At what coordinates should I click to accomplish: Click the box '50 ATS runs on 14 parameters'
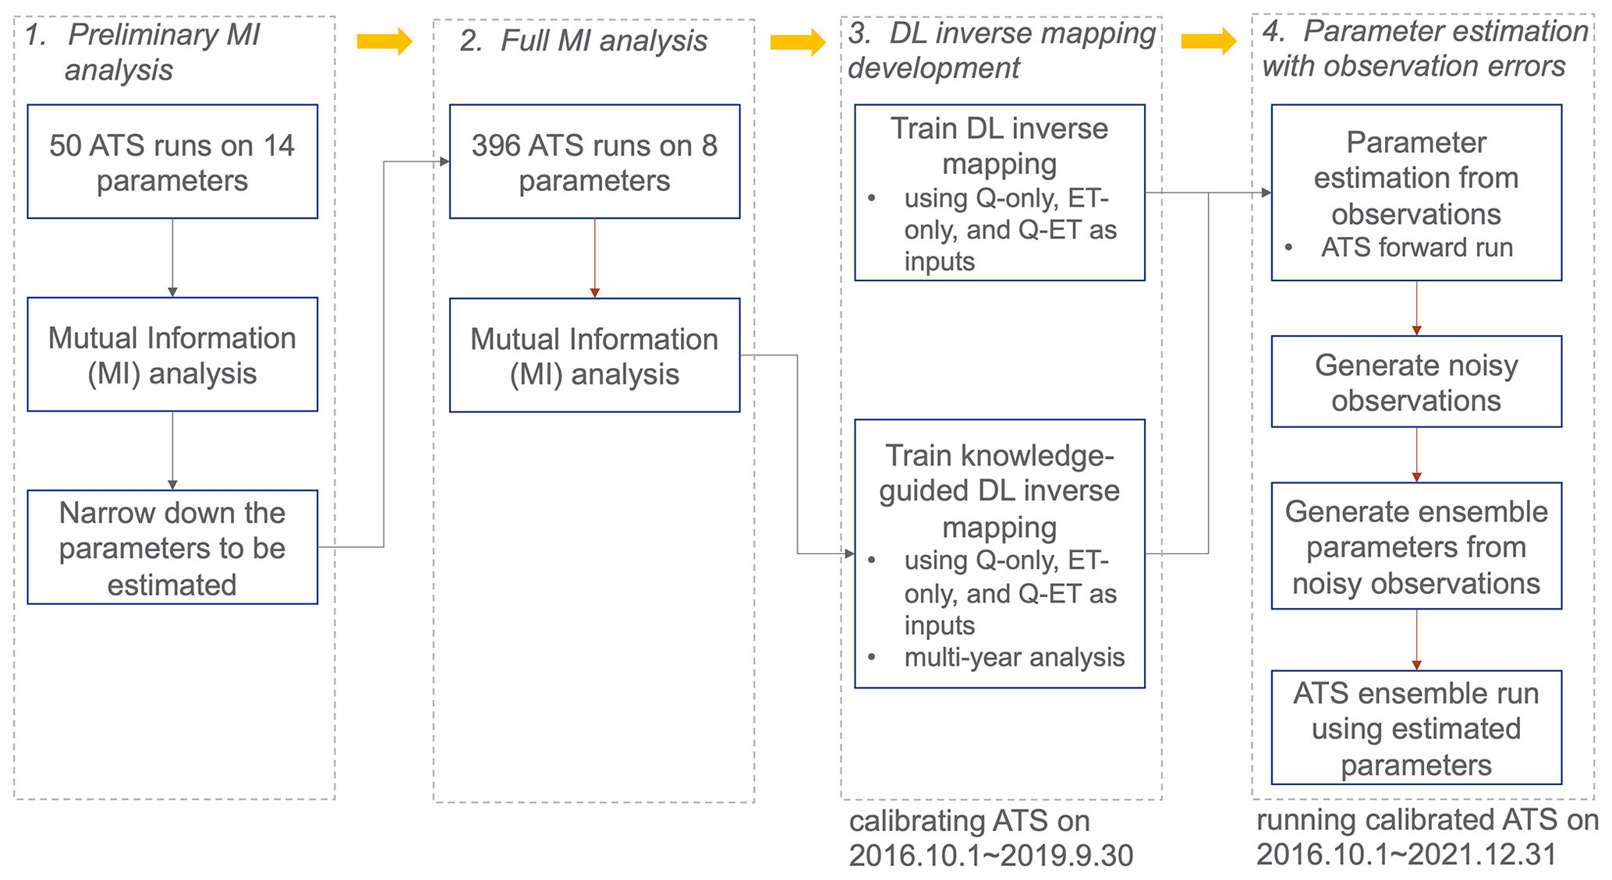coord(172,161)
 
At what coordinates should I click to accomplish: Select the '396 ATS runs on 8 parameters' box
coord(594,161)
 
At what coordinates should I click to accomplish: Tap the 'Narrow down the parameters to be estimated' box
coord(172,547)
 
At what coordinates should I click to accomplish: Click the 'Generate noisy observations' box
coord(1416,382)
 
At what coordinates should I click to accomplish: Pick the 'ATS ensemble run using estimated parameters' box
coord(1416,727)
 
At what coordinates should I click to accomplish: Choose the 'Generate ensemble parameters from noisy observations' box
coord(1416,546)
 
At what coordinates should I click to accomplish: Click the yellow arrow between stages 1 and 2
coord(384,41)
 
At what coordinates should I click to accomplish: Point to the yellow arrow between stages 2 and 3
coord(797,42)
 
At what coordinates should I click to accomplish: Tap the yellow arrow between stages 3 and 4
coord(1209,41)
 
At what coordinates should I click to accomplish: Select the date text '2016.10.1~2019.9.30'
coord(990,856)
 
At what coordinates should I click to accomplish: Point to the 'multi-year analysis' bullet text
coord(1014,658)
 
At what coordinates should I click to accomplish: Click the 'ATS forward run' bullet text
coord(1416,248)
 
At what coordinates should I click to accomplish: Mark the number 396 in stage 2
coord(495,146)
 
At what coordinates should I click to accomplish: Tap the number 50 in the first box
coord(65,146)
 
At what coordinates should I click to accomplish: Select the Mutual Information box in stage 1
coord(172,355)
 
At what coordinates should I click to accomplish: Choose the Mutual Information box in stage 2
coord(594,355)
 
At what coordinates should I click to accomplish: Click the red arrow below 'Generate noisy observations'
coord(1416,455)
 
